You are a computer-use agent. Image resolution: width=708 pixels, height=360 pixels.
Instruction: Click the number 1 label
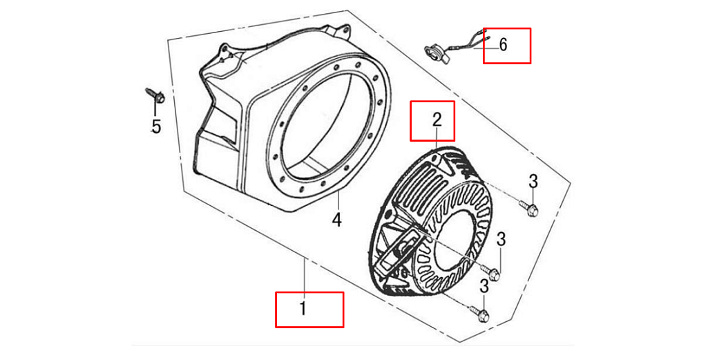pos(304,309)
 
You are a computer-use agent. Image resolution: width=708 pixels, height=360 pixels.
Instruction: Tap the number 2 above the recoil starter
pos(437,120)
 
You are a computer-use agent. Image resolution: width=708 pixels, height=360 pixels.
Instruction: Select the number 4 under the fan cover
pos(337,220)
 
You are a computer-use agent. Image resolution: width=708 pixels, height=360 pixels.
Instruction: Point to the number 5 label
pos(156,127)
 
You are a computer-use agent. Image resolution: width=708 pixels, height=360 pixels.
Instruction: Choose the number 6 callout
pos(503,45)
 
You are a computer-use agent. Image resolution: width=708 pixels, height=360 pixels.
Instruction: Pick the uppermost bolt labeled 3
pos(528,207)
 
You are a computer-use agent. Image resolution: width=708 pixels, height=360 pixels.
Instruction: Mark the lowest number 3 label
pos(484,286)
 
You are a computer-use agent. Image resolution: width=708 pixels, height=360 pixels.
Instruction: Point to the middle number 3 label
pos(501,240)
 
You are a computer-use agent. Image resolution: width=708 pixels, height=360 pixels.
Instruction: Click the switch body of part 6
pos(435,53)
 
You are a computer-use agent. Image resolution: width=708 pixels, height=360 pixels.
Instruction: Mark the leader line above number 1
pos(305,277)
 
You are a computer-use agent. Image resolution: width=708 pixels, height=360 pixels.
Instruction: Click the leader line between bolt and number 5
pos(155,111)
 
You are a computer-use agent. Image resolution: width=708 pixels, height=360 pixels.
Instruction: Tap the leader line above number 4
pos(338,201)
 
